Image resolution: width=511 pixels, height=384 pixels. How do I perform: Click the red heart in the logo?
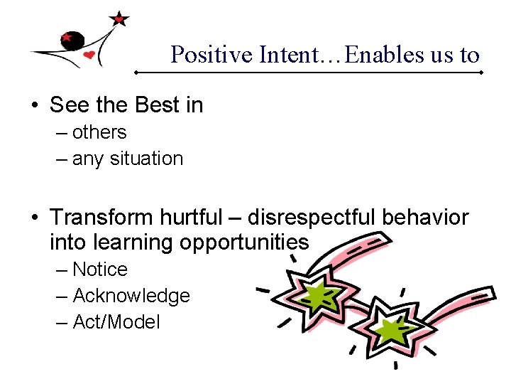[x=89, y=55]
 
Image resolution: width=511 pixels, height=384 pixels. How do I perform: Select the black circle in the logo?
[x=72, y=42]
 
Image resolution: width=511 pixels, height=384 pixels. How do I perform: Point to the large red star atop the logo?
[x=119, y=19]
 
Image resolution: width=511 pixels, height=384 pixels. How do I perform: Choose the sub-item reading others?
[x=99, y=132]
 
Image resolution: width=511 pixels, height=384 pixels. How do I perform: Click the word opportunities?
[x=244, y=242]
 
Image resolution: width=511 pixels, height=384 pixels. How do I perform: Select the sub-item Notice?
[x=100, y=270]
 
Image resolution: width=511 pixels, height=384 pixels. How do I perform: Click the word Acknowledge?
[x=131, y=296]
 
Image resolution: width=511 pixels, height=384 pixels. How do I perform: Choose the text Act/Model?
[x=116, y=322]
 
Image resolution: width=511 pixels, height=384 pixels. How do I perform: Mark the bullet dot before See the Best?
[x=34, y=106]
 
